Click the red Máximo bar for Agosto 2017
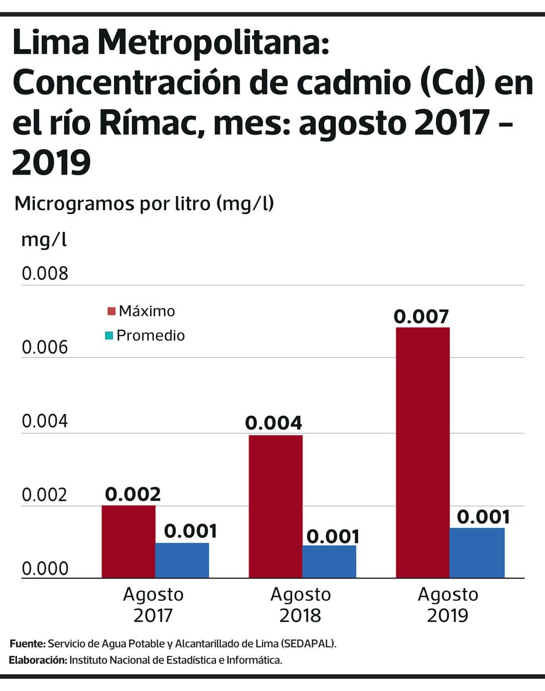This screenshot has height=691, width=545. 128,541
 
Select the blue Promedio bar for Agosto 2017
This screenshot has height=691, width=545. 182,560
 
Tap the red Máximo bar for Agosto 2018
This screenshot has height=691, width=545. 275,506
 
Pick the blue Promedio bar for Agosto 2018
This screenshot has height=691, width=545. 329,561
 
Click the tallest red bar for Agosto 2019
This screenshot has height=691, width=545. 423,452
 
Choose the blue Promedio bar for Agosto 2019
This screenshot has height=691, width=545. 477,552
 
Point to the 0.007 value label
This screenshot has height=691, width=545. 421,317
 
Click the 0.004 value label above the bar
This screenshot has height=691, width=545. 274,423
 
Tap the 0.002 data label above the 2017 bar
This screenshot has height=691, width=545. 133,494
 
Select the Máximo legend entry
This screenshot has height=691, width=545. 141,311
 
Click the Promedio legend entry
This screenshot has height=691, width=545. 145,335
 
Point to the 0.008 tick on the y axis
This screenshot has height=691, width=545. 44,274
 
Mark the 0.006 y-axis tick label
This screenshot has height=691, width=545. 44,348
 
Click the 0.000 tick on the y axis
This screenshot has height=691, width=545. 44,569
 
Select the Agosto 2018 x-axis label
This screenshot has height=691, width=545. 300,605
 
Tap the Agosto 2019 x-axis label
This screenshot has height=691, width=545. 448,605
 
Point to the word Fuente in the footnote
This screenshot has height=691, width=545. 27,644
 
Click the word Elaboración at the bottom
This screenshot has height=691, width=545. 38,660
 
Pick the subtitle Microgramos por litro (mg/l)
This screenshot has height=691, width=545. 144,203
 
